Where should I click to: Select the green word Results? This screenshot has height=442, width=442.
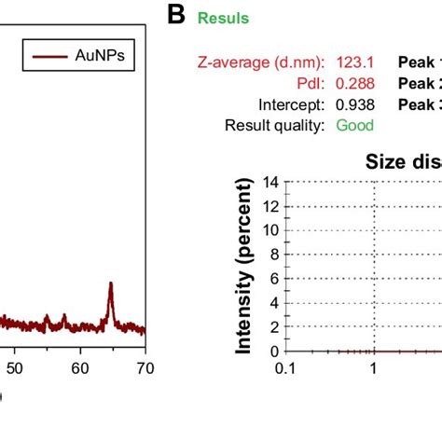[x=223, y=18]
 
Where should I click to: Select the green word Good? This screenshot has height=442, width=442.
[x=354, y=125]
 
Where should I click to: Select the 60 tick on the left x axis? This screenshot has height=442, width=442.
[x=80, y=368]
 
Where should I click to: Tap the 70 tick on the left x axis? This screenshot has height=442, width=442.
[x=145, y=368]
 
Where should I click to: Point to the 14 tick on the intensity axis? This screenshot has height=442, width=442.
[x=271, y=182]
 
